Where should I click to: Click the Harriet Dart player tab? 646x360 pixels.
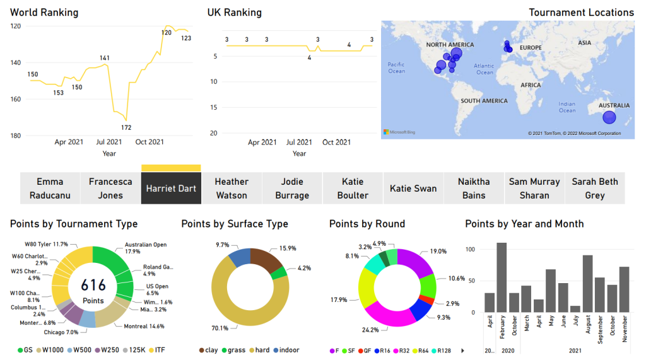pos(171,189)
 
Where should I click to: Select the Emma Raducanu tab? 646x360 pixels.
pos(50,189)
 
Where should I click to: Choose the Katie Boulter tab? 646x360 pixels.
pos(353,189)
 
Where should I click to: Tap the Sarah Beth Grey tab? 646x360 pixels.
pos(594,189)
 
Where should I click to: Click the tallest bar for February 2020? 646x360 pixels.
pos(502,277)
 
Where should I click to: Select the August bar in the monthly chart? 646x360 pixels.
pos(587,284)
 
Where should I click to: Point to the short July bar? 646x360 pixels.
pos(575,309)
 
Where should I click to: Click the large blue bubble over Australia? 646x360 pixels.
pos(609,117)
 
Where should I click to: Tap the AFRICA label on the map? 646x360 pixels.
pos(531,85)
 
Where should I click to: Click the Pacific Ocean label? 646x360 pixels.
pos(396,68)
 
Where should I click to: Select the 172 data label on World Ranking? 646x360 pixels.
pos(126,127)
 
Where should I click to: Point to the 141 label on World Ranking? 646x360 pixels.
pos(105,58)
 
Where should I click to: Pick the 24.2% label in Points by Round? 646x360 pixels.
pos(370,330)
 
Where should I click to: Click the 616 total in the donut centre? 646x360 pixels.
pos(93,286)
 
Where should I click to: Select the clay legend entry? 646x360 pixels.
pos(209,350)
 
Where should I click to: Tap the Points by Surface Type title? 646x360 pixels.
pos(235,224)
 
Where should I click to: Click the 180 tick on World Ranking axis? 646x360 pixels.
pos(15,136)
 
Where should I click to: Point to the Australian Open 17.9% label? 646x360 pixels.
pos(145,248)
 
